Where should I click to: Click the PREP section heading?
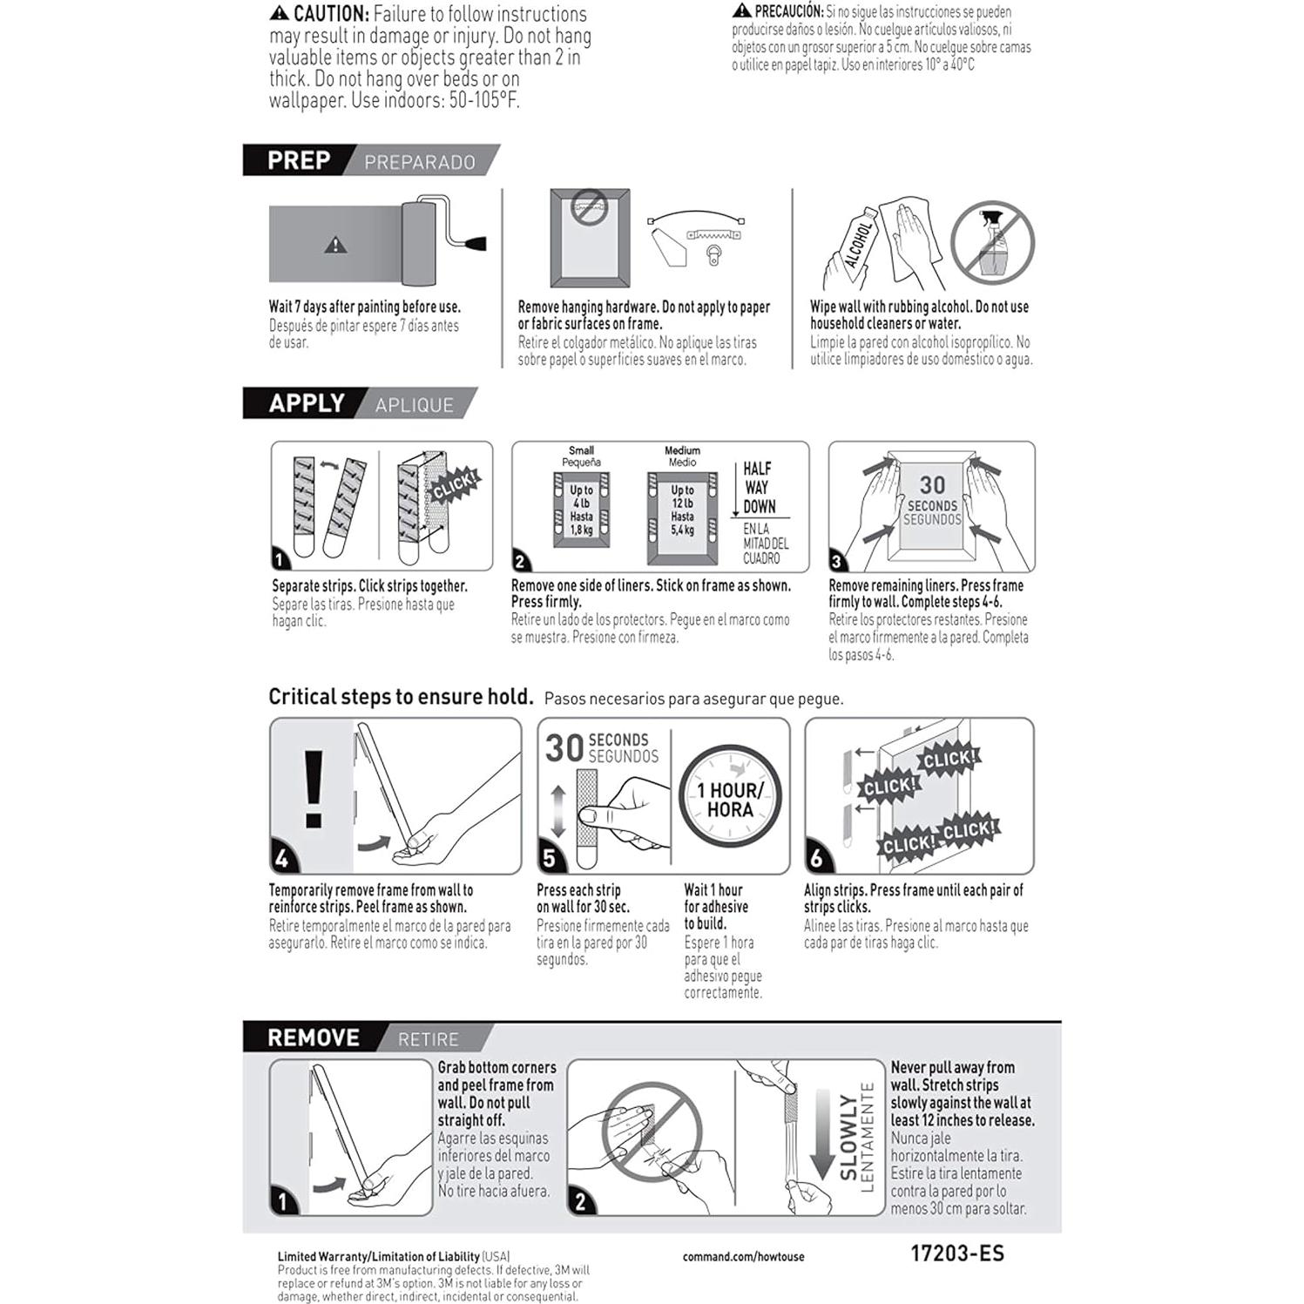[299, 160]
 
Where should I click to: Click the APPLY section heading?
[307, 403]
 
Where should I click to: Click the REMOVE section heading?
[314, 1037]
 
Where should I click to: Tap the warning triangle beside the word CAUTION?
[279, 13]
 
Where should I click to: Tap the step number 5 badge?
[550, 859]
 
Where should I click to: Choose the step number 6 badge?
[816, 859]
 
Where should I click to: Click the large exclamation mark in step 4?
[313, 789]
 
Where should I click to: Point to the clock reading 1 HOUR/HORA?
[730, 798]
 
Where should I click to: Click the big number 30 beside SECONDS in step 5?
[564, 748]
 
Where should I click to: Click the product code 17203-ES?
[956, 1253]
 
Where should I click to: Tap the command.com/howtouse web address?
[743, 1257]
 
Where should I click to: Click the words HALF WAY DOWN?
[759, 488]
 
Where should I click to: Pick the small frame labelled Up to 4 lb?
[581, 510]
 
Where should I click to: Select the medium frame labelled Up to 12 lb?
[682, 513]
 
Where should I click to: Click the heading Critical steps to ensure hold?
[401, 697]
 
